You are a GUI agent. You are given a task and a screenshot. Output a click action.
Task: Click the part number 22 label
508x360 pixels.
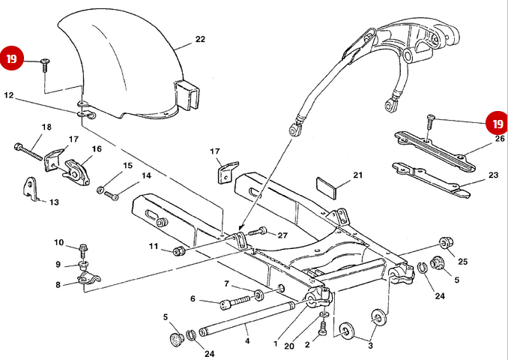coord(200,39)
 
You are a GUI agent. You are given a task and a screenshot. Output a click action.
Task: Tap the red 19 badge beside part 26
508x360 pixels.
coord(495,122)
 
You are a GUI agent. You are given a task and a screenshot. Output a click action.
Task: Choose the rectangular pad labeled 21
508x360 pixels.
coord(327,184)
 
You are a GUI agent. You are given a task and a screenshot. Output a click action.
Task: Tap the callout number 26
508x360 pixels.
coord(500,139)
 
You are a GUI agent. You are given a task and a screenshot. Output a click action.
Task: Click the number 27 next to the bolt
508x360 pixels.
coord(282,235)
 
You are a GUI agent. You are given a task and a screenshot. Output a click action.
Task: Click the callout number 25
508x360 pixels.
coord(462,261)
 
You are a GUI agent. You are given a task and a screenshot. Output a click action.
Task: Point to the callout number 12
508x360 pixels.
coord(8,96)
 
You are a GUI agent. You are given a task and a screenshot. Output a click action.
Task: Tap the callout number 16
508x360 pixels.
coord(97,149)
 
